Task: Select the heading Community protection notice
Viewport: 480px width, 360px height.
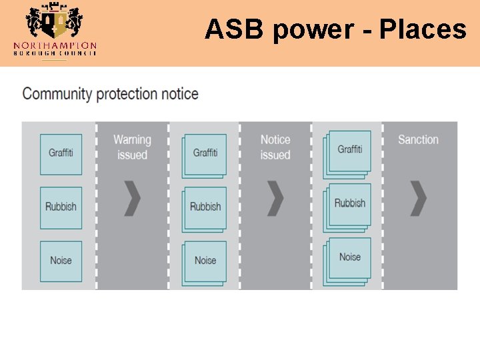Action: tap(110, 93)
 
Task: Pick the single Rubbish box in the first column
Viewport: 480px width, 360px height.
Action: tap(61, 207)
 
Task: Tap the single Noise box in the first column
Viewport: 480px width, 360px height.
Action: tap(61, 261)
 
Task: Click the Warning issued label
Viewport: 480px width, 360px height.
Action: tap(132, 147)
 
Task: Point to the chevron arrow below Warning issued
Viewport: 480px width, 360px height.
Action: tap(133, 198)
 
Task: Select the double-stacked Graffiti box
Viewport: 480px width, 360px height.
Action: tap(205, 154)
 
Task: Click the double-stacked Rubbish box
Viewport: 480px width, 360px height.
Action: tap(205, 207)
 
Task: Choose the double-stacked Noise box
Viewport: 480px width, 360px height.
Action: tap(205, 261)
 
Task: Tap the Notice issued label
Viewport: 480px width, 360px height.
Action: tap(275, 147)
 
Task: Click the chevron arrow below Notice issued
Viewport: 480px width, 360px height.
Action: tap(275, 198)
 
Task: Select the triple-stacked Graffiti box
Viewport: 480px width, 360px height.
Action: tap(349, 152)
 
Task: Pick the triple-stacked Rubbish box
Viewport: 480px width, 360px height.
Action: tap(349, 205)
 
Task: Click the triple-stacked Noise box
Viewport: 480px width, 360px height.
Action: tap(349, 259)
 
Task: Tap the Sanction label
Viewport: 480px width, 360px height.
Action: tap(418, 139)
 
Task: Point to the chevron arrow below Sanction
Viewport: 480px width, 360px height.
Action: tap(418, 198)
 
